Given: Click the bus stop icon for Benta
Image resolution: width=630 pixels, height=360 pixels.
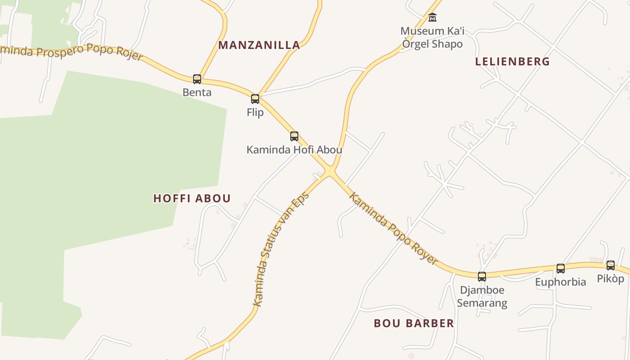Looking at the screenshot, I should pyautogui.click(x=197, y=79).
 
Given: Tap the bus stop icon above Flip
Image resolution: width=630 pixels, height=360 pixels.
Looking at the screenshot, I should pyautogui.click(x=255, y=99).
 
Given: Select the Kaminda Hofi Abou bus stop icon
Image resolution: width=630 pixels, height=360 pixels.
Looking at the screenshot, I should pyautogui.click(x=294, y=136).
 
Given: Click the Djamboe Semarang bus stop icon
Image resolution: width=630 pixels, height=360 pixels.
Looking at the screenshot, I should pyautogui.click(x=482, y=276).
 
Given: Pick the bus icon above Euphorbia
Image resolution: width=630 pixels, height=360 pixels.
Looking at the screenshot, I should pyautogui.click(x=561, y=269).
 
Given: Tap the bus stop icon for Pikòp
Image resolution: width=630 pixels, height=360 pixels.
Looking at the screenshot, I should pyautogui.click(x=611, y=265).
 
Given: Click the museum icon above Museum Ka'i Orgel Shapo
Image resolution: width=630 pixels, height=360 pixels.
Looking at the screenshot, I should pyautogui.click(x=432, y=18).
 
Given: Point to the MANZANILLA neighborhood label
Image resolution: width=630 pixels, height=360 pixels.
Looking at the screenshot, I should pyautogui.click(x=259, y=45).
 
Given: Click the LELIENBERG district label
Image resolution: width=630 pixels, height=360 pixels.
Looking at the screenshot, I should pyautogui.click(x=513, y=62).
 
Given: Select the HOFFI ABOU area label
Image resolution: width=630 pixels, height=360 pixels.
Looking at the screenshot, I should pyautogui.click(x=192, y=198).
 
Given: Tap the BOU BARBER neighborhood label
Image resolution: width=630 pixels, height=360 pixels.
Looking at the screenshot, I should pyautogui.click(x=414, y=323).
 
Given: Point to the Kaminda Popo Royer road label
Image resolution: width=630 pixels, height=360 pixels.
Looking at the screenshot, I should pyautogui.click(x=393, y=229).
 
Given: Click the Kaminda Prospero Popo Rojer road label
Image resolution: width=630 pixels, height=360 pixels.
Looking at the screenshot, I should pyautogui.click(x=72, y=52).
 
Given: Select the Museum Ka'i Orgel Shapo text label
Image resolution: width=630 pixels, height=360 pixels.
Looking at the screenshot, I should pyautogui.click(x=432, y=38).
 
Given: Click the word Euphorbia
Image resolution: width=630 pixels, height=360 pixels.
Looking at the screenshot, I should pyautogui.click(x=561, y=282).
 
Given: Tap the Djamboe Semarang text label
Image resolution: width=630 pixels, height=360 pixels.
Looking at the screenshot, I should pyautogui.click(x=482, y=297).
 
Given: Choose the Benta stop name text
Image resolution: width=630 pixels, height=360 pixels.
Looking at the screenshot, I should pyautogui.click(x=197, y=93).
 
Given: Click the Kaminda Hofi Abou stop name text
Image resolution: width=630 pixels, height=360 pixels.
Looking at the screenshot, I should pyautogui.click(x=294, y=150).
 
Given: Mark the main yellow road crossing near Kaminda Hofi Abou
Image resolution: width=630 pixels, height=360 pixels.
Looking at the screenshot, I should pyautogui.click(x=330, y=171).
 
